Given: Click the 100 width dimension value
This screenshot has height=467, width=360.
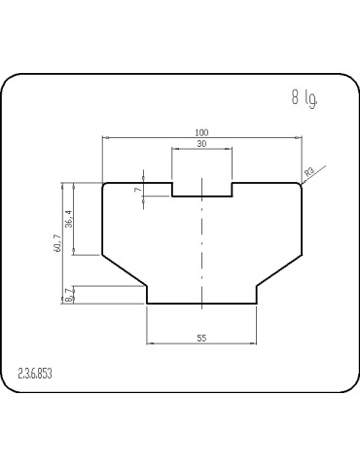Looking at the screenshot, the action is coord(201,132).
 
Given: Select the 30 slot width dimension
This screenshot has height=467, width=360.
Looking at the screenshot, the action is coord(201,143).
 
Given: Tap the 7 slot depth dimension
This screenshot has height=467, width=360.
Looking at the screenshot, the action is coord(138,189).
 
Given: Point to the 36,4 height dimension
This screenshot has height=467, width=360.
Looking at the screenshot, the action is coord(69,219).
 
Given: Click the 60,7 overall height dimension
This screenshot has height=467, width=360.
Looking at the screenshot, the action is coord(57,243).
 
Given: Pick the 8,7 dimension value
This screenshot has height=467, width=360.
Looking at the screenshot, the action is coord(69,295).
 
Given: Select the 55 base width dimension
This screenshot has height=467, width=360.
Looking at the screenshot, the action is coord(201,338).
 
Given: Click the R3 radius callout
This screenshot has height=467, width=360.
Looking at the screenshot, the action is coord(309,171).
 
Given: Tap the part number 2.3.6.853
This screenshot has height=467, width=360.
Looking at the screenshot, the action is coord(35,374).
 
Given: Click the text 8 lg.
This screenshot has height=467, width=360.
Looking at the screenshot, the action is coord(305,98).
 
